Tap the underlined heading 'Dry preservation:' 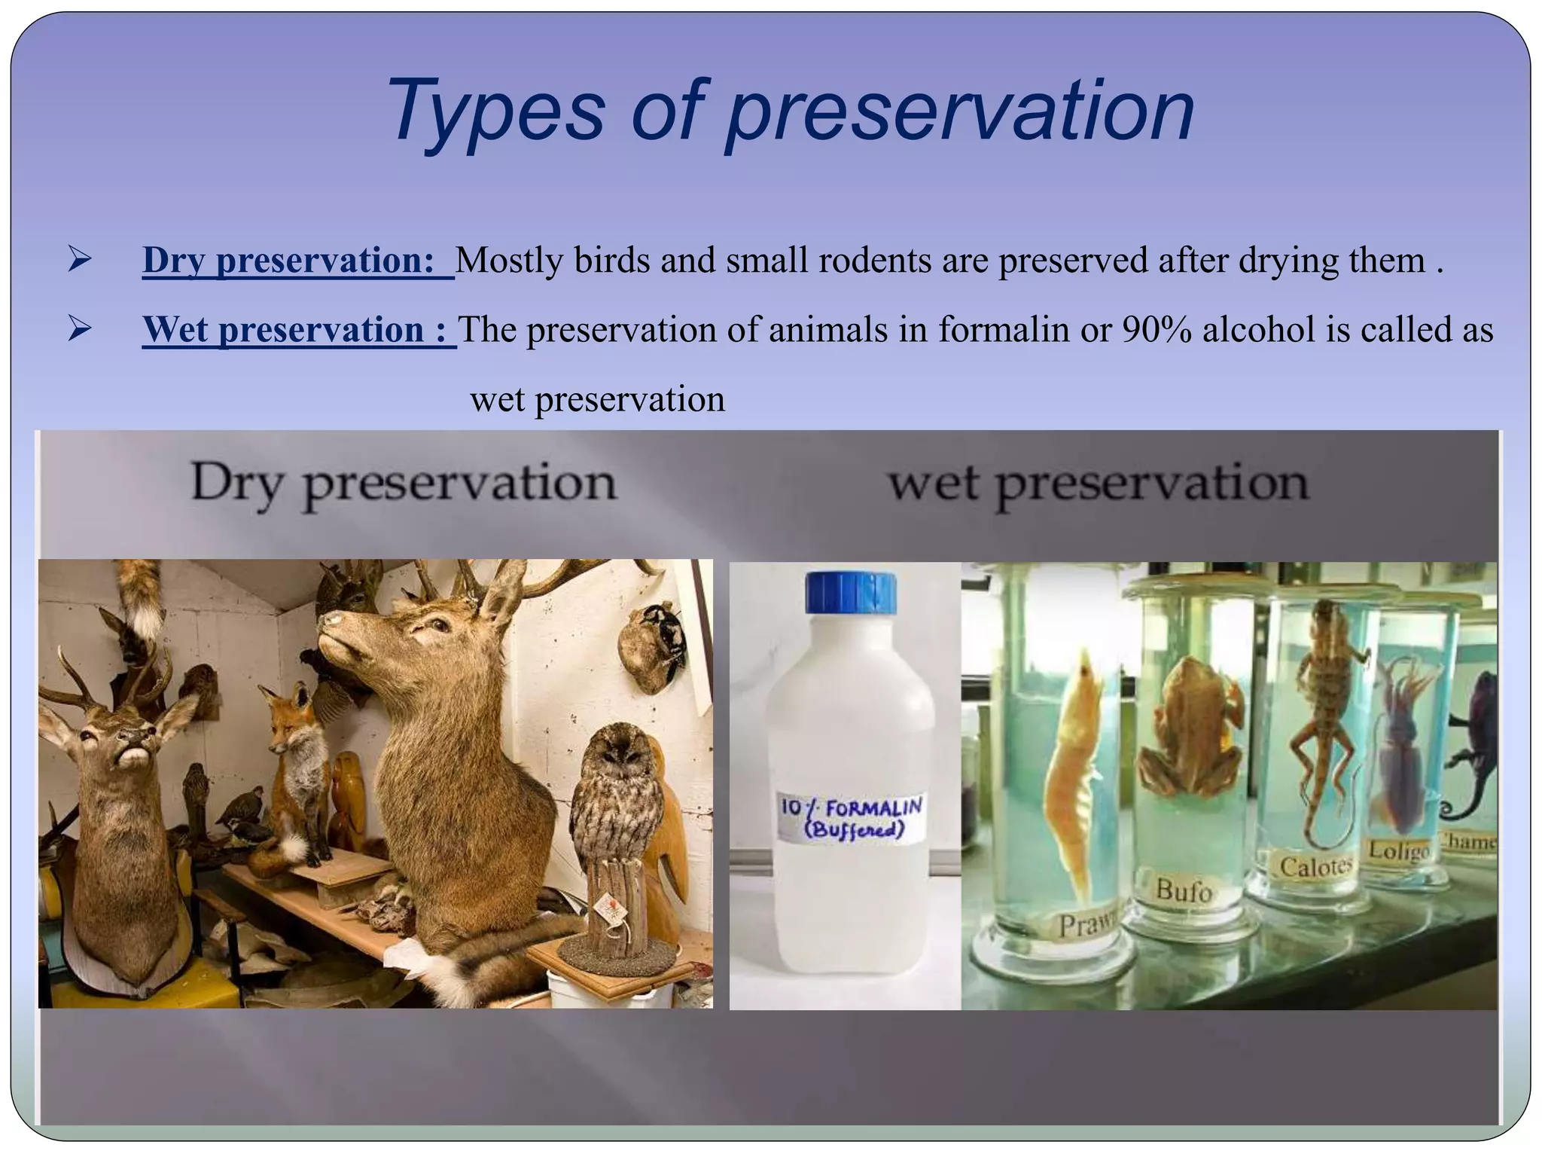point(289,261)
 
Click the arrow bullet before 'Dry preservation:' point(78,260)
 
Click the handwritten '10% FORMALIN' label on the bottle point(851,818)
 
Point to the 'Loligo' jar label point(1398,850)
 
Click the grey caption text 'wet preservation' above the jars point(1099,484)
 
